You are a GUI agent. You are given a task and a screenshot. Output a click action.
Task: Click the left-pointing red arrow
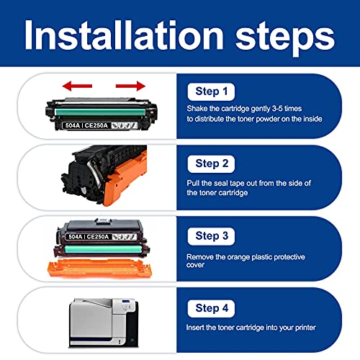(77, 86)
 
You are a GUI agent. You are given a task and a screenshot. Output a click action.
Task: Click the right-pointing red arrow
(130, 86)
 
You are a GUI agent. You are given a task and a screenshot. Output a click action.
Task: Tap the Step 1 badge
(211, 91)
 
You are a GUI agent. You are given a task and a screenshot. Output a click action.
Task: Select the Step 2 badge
(211, 164)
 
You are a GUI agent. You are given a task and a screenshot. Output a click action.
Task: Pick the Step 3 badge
(211, 236)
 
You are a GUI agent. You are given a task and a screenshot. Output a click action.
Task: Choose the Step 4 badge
(211, 308)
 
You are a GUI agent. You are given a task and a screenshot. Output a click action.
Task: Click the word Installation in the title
(124, 35)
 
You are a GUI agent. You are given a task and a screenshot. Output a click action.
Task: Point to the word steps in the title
(285, 38)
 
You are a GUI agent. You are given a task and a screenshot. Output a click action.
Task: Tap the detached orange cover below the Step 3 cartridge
(100, 268)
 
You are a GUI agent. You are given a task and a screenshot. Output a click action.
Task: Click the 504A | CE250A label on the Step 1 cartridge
(86, 125)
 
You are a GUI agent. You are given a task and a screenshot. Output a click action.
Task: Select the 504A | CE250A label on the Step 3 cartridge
(89, 237)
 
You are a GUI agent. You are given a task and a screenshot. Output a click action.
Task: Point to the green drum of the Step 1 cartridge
(100, 112)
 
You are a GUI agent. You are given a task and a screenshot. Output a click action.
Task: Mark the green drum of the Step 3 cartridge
(103, 249)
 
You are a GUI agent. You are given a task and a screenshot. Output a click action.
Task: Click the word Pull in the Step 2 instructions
(193, 183)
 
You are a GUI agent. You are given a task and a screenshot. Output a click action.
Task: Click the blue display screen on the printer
(126, 301)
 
